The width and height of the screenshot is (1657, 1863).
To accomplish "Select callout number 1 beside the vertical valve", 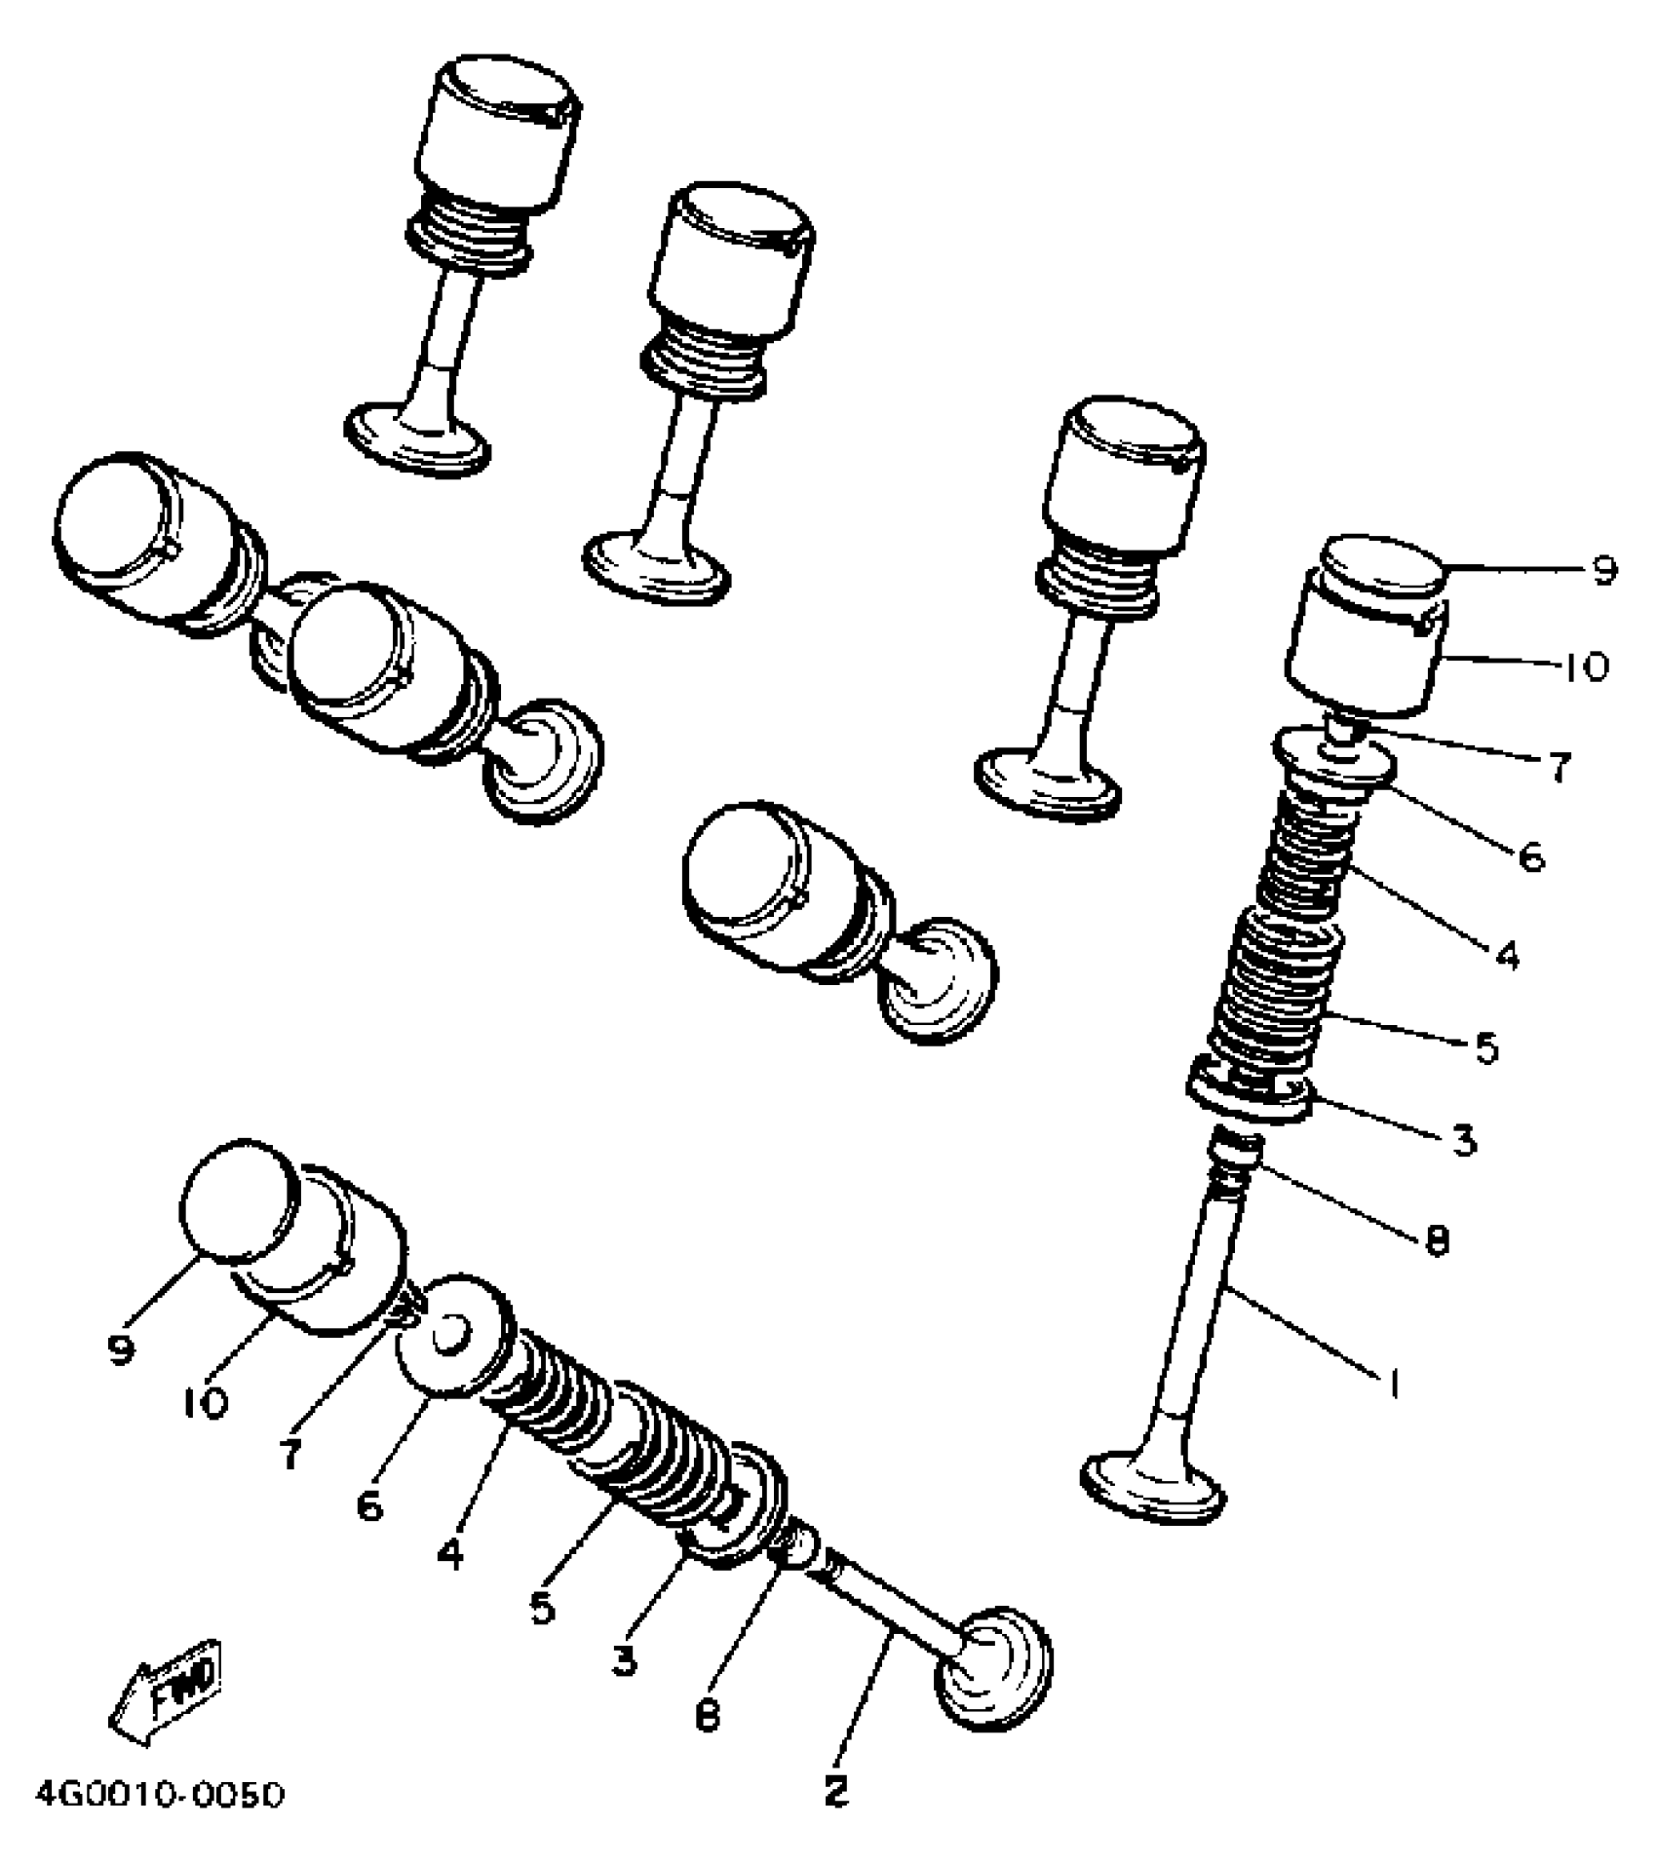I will click(x=1394, y=1383).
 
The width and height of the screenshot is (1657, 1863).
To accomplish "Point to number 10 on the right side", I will click(x=1585, y=667).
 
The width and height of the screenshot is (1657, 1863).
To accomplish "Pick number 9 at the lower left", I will click(x=121, y=1350).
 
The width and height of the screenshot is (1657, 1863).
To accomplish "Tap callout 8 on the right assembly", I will click(x=1437, y=1239).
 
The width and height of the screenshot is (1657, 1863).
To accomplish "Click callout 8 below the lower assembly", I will click(x=708, y=1715).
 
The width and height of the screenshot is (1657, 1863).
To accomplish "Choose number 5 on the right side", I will click(x=1485, y=1048).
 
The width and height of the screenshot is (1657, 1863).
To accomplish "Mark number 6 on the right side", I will click(x=1531, y=857).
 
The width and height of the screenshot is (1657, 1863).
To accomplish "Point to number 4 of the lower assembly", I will click(x=450, y=1553).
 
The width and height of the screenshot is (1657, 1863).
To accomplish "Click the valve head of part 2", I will click(x=994, y=1668).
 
